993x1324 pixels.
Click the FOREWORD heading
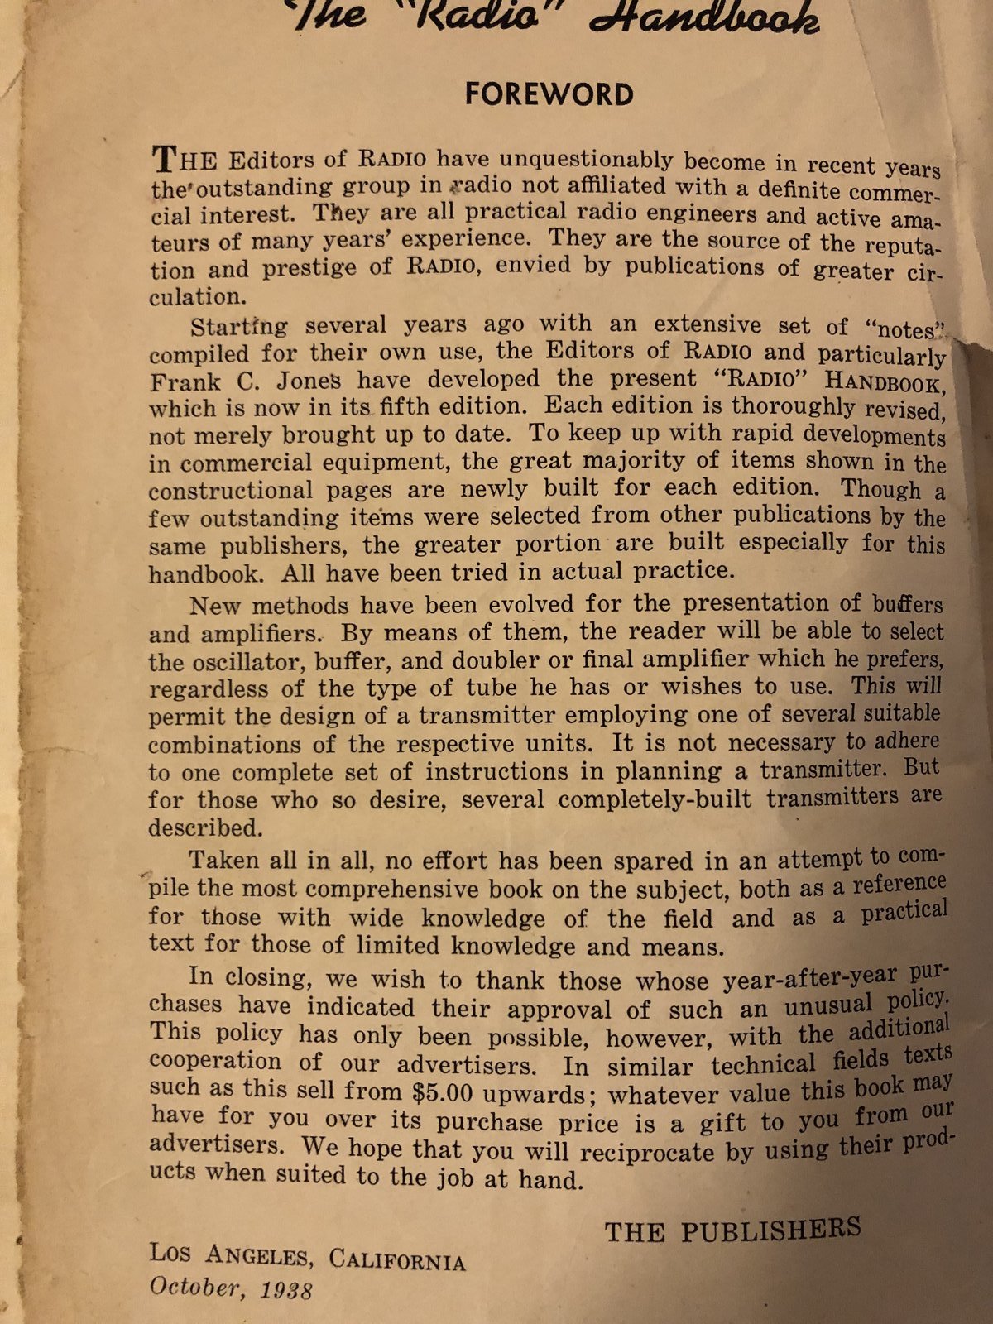pos(549,94)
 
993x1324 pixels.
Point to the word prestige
pos(309,269)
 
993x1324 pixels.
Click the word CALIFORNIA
pos(397,1261)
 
